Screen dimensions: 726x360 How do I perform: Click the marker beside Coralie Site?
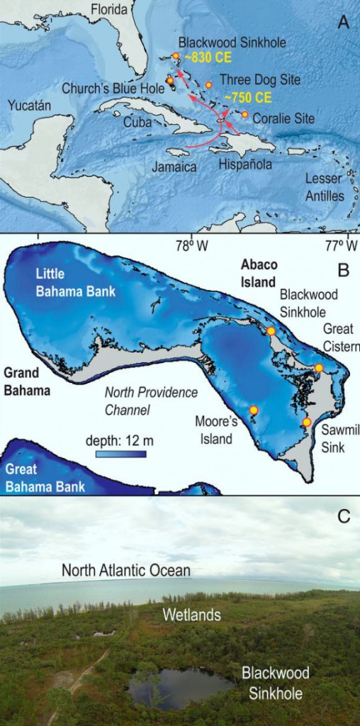244,114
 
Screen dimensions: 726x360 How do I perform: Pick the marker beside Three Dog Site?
209,85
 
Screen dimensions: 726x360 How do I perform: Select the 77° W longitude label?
341,246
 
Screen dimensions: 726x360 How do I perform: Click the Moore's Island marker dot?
253,410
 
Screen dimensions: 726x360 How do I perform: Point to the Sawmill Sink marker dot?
306,422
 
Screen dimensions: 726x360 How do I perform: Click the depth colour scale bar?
121,454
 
